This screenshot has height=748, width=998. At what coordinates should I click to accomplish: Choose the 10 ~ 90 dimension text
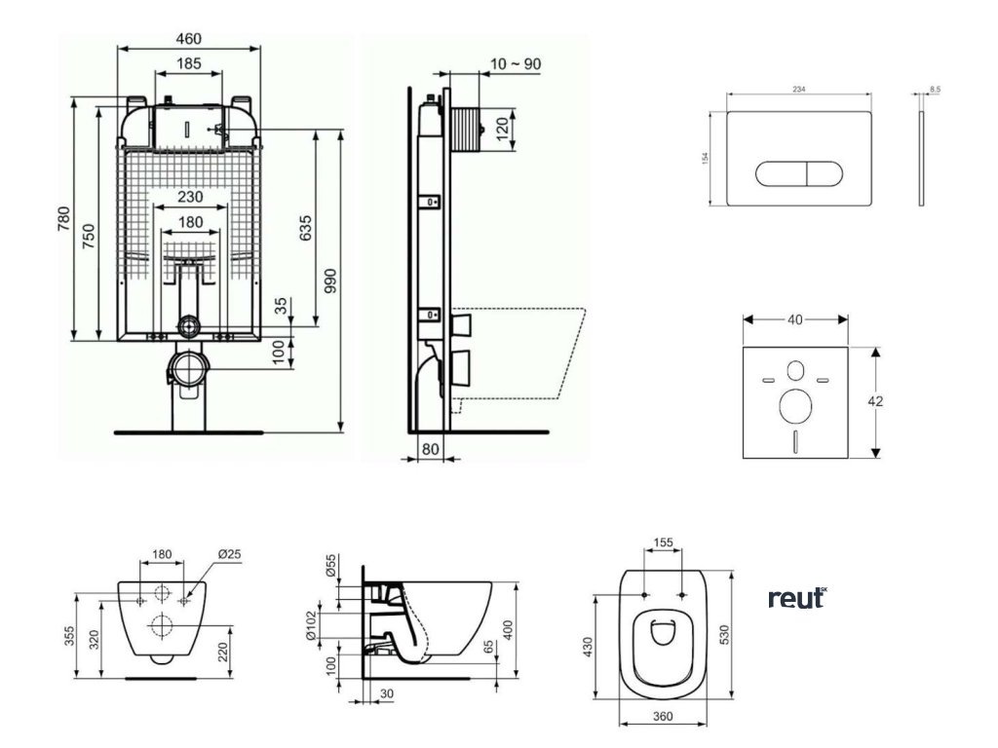(517, 64)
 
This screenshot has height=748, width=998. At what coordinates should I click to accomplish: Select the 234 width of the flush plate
(799, 89)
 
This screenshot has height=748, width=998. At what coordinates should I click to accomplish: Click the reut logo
(796, 597)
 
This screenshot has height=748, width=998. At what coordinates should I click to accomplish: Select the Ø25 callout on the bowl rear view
(230, 554)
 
